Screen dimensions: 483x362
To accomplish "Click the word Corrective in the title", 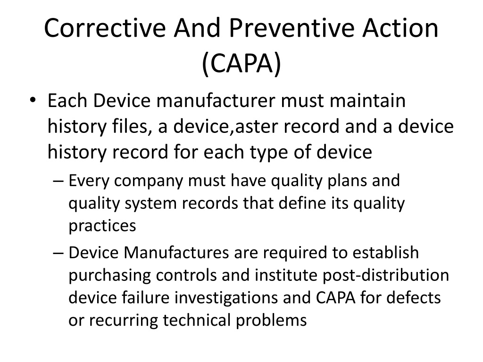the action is pos(105,28).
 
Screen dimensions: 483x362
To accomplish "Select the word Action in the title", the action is pos(400,28).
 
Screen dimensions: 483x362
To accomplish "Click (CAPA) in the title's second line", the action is pos(241,63).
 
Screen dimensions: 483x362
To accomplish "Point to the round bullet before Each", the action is pos(33,100).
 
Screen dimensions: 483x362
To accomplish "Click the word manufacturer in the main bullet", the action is pos(216,101).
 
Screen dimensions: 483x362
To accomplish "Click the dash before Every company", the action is pos(58,181).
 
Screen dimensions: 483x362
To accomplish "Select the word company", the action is pos(149,181).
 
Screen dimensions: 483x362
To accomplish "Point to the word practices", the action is pos(102,226).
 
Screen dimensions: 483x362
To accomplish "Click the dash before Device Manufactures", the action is pos(58,253).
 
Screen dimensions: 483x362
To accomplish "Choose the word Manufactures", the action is pos(176,253).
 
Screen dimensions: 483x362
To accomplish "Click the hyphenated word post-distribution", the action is pos(386,275).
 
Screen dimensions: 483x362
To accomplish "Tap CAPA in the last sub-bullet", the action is pos(335,298).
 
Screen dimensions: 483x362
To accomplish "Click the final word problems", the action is pos(271,321).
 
